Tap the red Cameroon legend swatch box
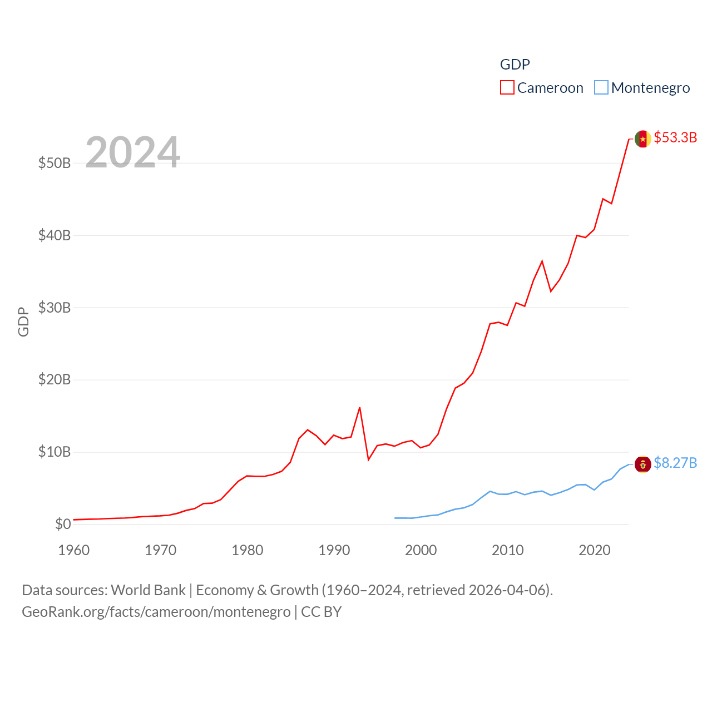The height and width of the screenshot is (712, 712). [x=507, y=87]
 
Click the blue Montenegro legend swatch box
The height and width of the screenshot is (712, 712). [x=601, y=87]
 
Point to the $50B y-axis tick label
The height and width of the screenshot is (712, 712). [x=55, y=163]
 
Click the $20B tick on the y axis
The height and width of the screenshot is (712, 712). [x=55, y=380]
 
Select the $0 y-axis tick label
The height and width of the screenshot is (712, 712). [x=63, y=524]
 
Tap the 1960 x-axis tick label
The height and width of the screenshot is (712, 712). [x=74, y=550]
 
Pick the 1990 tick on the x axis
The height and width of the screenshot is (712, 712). [x=334, y=550]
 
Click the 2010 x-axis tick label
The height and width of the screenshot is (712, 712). [x=508, y=550]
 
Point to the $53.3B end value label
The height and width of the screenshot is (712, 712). [x=675, y=137]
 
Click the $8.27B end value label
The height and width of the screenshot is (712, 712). [x=675, y=463]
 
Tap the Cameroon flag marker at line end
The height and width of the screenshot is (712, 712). [x=643, y=139]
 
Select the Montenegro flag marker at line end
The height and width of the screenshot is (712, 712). [x=643, y=464]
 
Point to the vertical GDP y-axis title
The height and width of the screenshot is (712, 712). [x=23, y=322]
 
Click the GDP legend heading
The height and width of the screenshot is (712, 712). [x=515, y=65]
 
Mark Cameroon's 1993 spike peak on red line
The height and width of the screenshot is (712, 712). [x=360, y=408]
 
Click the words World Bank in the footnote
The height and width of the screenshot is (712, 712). [x=148, y=590]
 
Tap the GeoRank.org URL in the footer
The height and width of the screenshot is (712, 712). [x=156, y=612]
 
